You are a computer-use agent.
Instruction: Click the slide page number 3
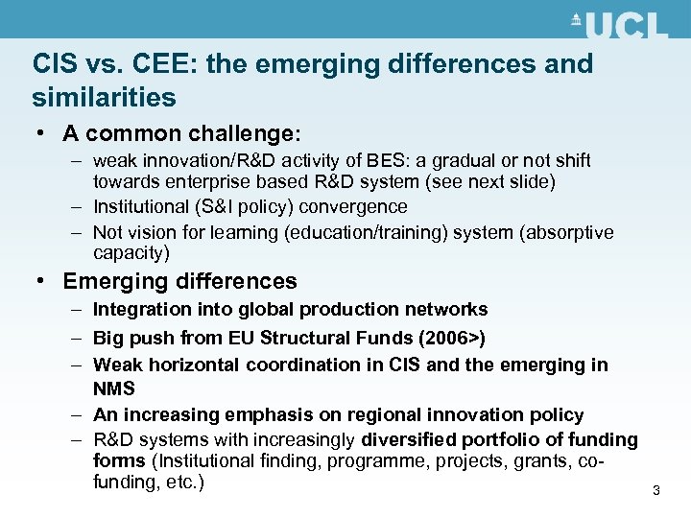point(656,491)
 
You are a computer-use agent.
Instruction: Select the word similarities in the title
point(104,97)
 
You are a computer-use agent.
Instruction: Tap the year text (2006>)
point(452,338)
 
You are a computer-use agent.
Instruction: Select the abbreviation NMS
point(114,388)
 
